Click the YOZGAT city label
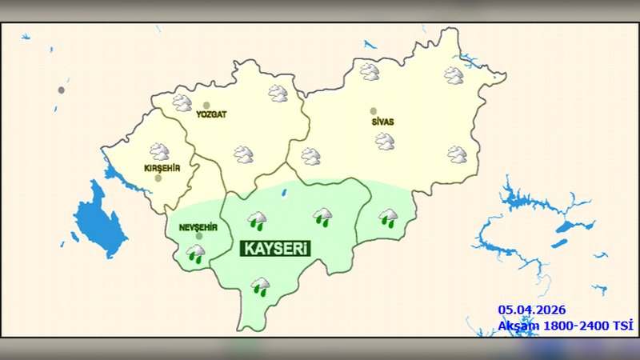(212, 114)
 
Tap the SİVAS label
(382, 122)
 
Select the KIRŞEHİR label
(162, 168)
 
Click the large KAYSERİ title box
(275, 249)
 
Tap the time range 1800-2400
(573, 326)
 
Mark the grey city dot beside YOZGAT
(206, 105)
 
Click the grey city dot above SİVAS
(373, 111)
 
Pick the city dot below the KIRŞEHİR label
(158, 178)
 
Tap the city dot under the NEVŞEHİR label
(199, 237)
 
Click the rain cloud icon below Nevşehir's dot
(195, 254)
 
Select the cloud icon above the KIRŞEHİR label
(160, 151)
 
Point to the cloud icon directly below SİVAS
(385, 142)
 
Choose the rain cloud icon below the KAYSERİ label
(260, 286)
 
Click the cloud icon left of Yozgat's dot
(182, 102)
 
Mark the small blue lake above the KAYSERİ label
(284, 192)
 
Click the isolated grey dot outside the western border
(61, 90)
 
